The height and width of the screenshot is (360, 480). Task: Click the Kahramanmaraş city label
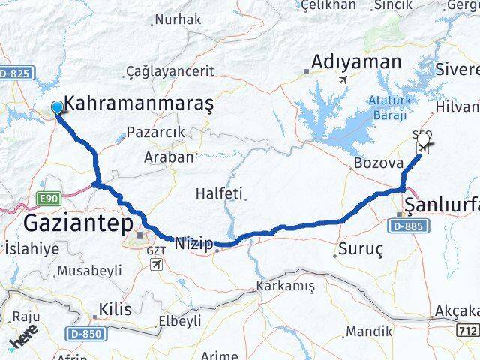[x=139, y=104]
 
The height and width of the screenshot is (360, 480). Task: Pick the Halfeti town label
[x=220, y=193]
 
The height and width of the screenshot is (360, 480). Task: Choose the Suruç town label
[x=361, y=247]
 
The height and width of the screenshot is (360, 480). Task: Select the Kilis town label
[x=115, y=309]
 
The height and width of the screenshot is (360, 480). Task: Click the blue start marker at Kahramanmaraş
[x=58, y=108]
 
